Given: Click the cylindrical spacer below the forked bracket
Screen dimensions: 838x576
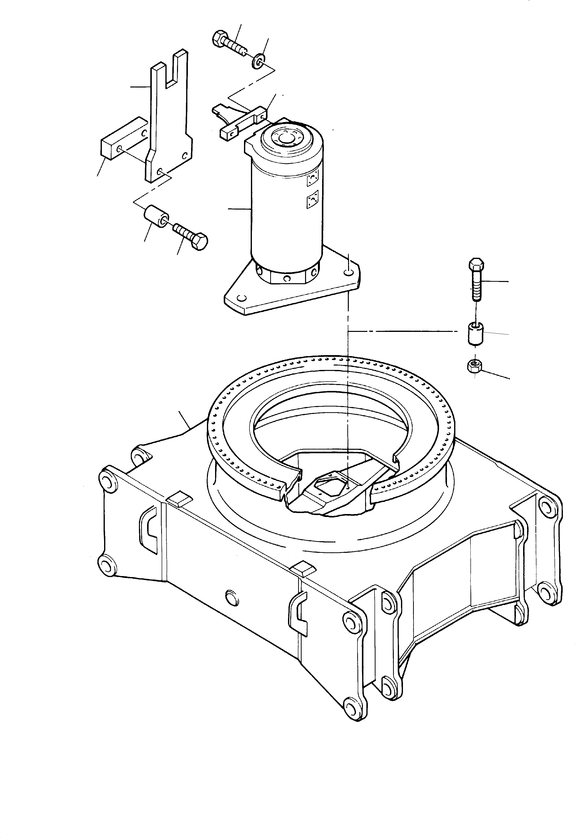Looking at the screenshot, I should click(x=156, y=216).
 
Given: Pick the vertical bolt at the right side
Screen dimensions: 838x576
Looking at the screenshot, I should click(x=476, y=279).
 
